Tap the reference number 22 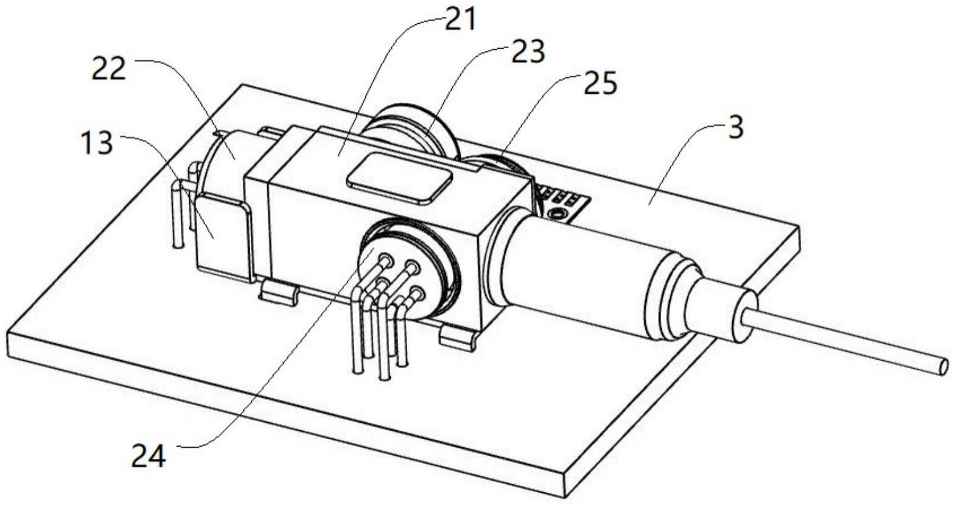(x=109, y=69)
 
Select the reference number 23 (x=528, y=53)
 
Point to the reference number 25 (x=600, y=84)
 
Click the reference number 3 (x=736, y=128)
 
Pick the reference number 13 (x=97, y=144)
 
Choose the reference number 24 (x=149, y=456)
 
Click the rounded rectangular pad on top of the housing (x=399, y=177)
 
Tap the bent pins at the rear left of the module (x=180, y=210)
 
